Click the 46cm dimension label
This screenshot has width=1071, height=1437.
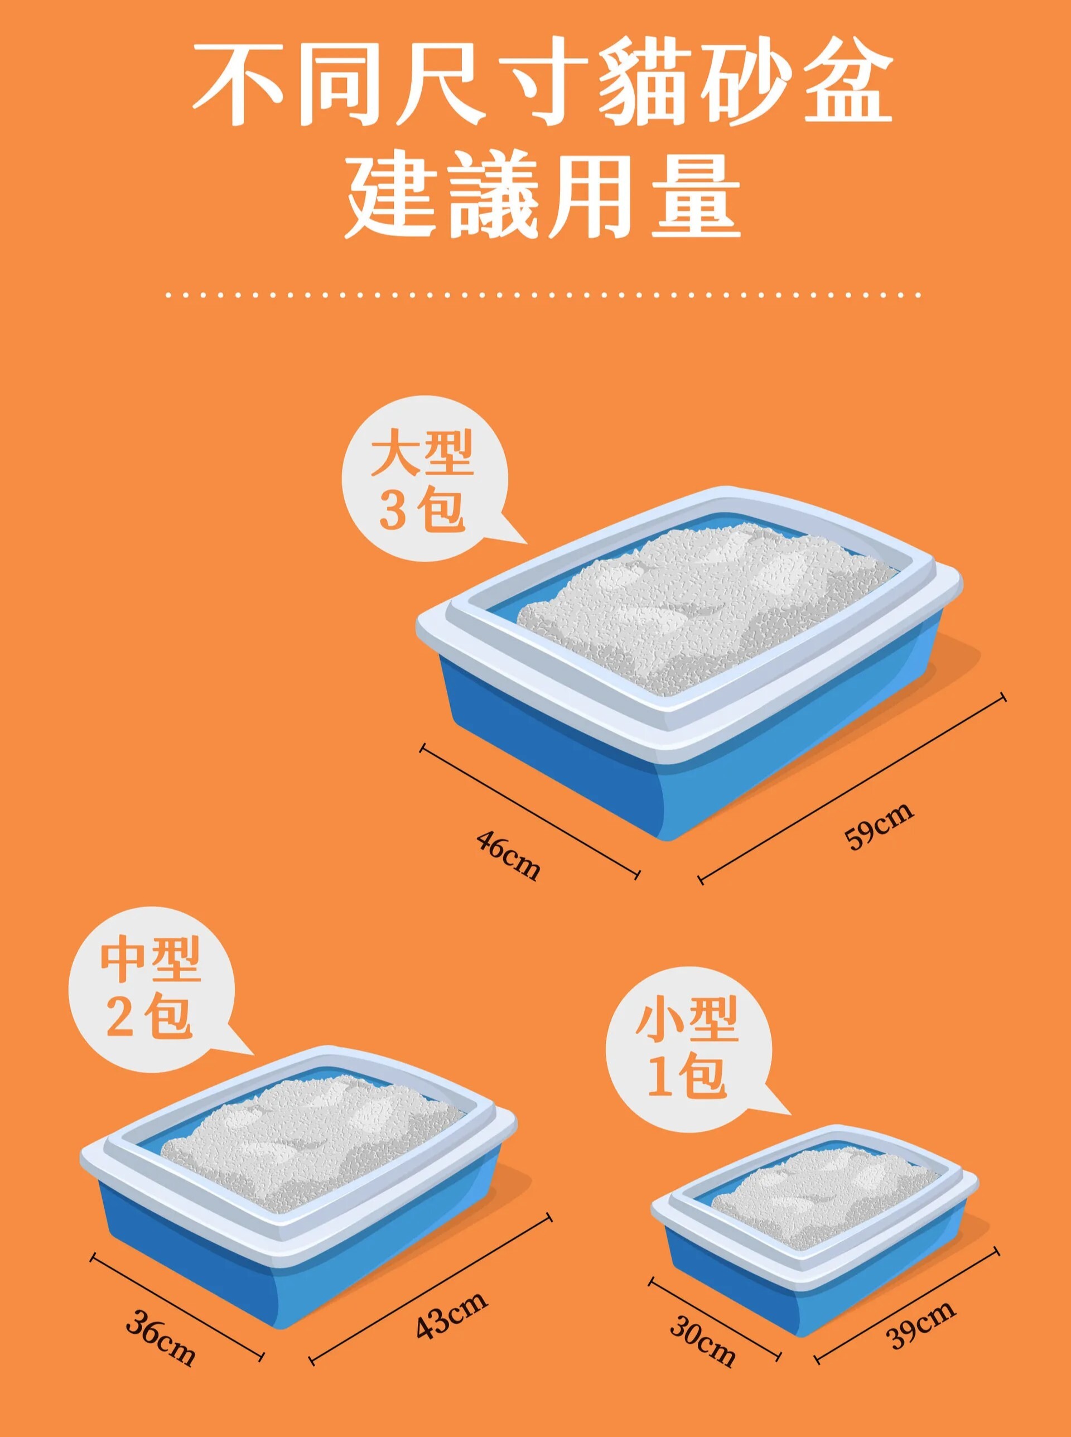pyautogui.click(x=508, y=856)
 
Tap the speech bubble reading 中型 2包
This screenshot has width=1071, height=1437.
pyautogui.click(x=151, y=990)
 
